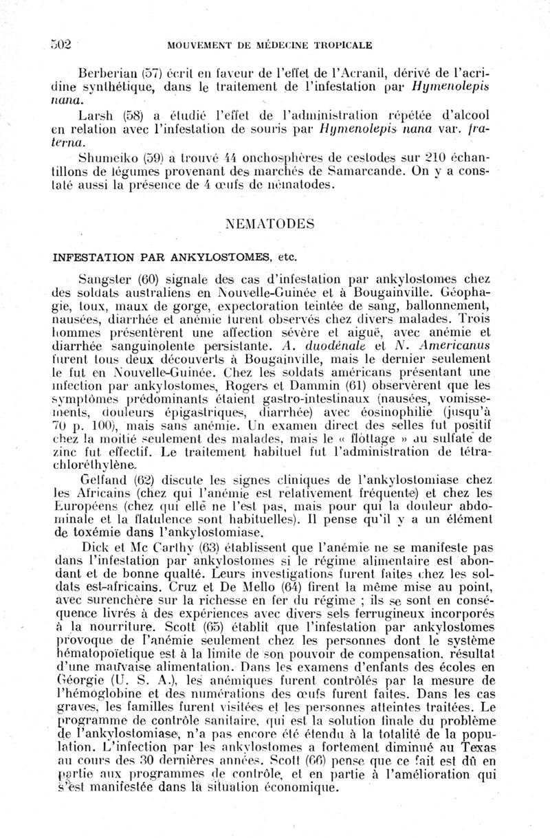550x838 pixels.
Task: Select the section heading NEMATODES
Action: coord(270,224)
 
